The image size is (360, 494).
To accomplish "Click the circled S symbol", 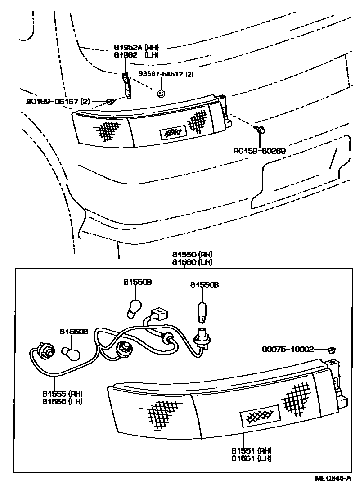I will tap(161, 94).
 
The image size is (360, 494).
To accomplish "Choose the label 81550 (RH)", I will tap(192, 255).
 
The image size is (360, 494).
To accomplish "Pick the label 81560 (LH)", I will tap(192, 262).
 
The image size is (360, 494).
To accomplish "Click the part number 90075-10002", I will tap(288, 349).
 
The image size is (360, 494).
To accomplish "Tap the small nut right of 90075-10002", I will tap(333, 349).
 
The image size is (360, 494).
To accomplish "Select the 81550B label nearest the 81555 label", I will tap(74, 332).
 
